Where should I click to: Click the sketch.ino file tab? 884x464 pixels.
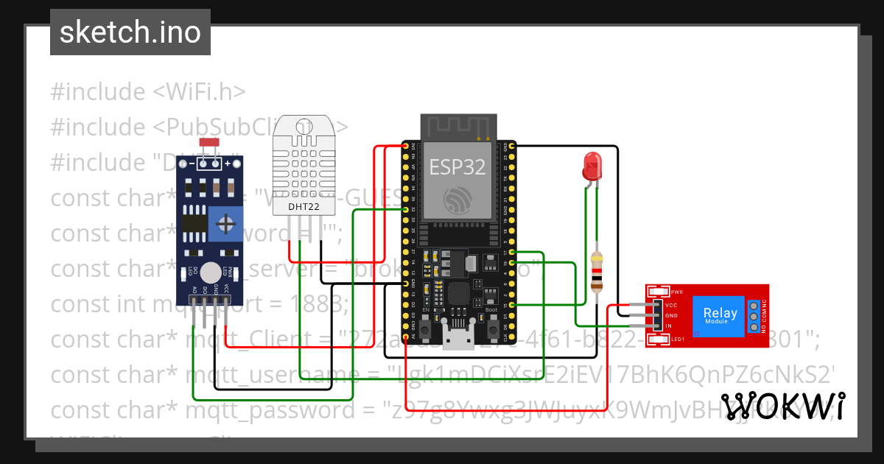[x=130, y=32]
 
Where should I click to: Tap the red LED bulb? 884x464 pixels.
[x=591, y=166]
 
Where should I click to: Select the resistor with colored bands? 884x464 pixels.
[x=597, y=270]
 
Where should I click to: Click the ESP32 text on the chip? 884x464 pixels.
[x=457, y=167]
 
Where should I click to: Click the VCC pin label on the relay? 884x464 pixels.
[x=671, y=305]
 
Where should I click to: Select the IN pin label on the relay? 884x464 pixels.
[x=669, y=326]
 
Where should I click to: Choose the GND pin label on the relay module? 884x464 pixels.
[x=671, y=315]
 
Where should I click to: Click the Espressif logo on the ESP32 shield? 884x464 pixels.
[x=457, y=199]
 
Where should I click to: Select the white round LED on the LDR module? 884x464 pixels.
[x=210, y=272]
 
